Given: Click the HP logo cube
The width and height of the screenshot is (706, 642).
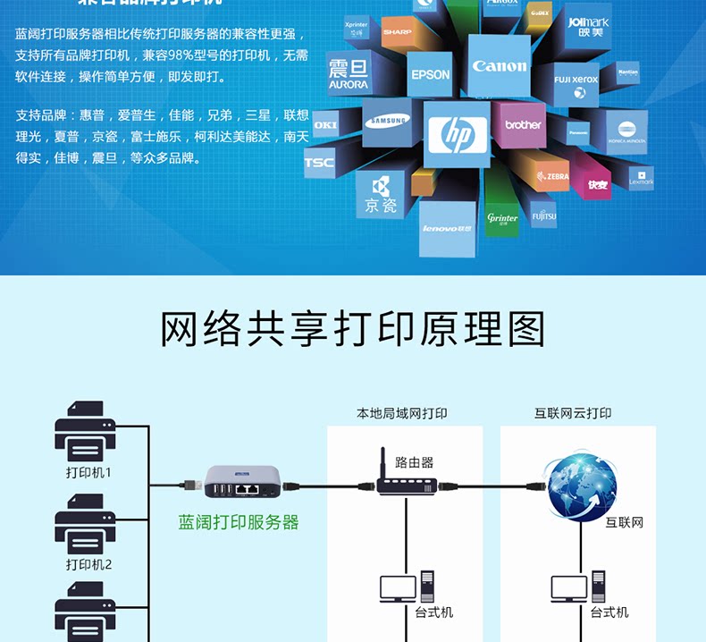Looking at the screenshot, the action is [457, 135].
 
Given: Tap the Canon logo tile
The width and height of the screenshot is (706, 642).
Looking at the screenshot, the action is [499, 65].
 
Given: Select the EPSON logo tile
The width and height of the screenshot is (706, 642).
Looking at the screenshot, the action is [430, 74].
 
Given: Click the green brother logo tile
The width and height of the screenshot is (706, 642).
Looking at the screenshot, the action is [523, 125].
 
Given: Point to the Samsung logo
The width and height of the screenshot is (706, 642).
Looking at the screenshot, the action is [387, 121].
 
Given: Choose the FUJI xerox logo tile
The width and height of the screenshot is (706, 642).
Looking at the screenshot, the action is [576, 80].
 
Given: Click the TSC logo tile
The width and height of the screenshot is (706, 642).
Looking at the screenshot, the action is [319, 163].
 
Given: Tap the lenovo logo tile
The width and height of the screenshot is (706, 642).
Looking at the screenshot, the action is [447, 229].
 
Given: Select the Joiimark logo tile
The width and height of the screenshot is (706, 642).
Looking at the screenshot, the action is [589, 25].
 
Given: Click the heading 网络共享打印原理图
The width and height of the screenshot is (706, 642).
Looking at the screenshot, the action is [352, 329].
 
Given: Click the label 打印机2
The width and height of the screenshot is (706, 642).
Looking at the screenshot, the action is [88, 564].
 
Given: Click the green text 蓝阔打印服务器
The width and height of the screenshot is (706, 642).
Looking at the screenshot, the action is [239, 522].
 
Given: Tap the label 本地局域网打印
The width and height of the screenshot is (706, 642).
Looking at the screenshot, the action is [402, 413].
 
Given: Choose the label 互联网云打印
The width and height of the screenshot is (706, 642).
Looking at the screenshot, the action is [573, 413].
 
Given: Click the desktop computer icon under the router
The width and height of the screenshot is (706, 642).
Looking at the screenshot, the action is [406, 587].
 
